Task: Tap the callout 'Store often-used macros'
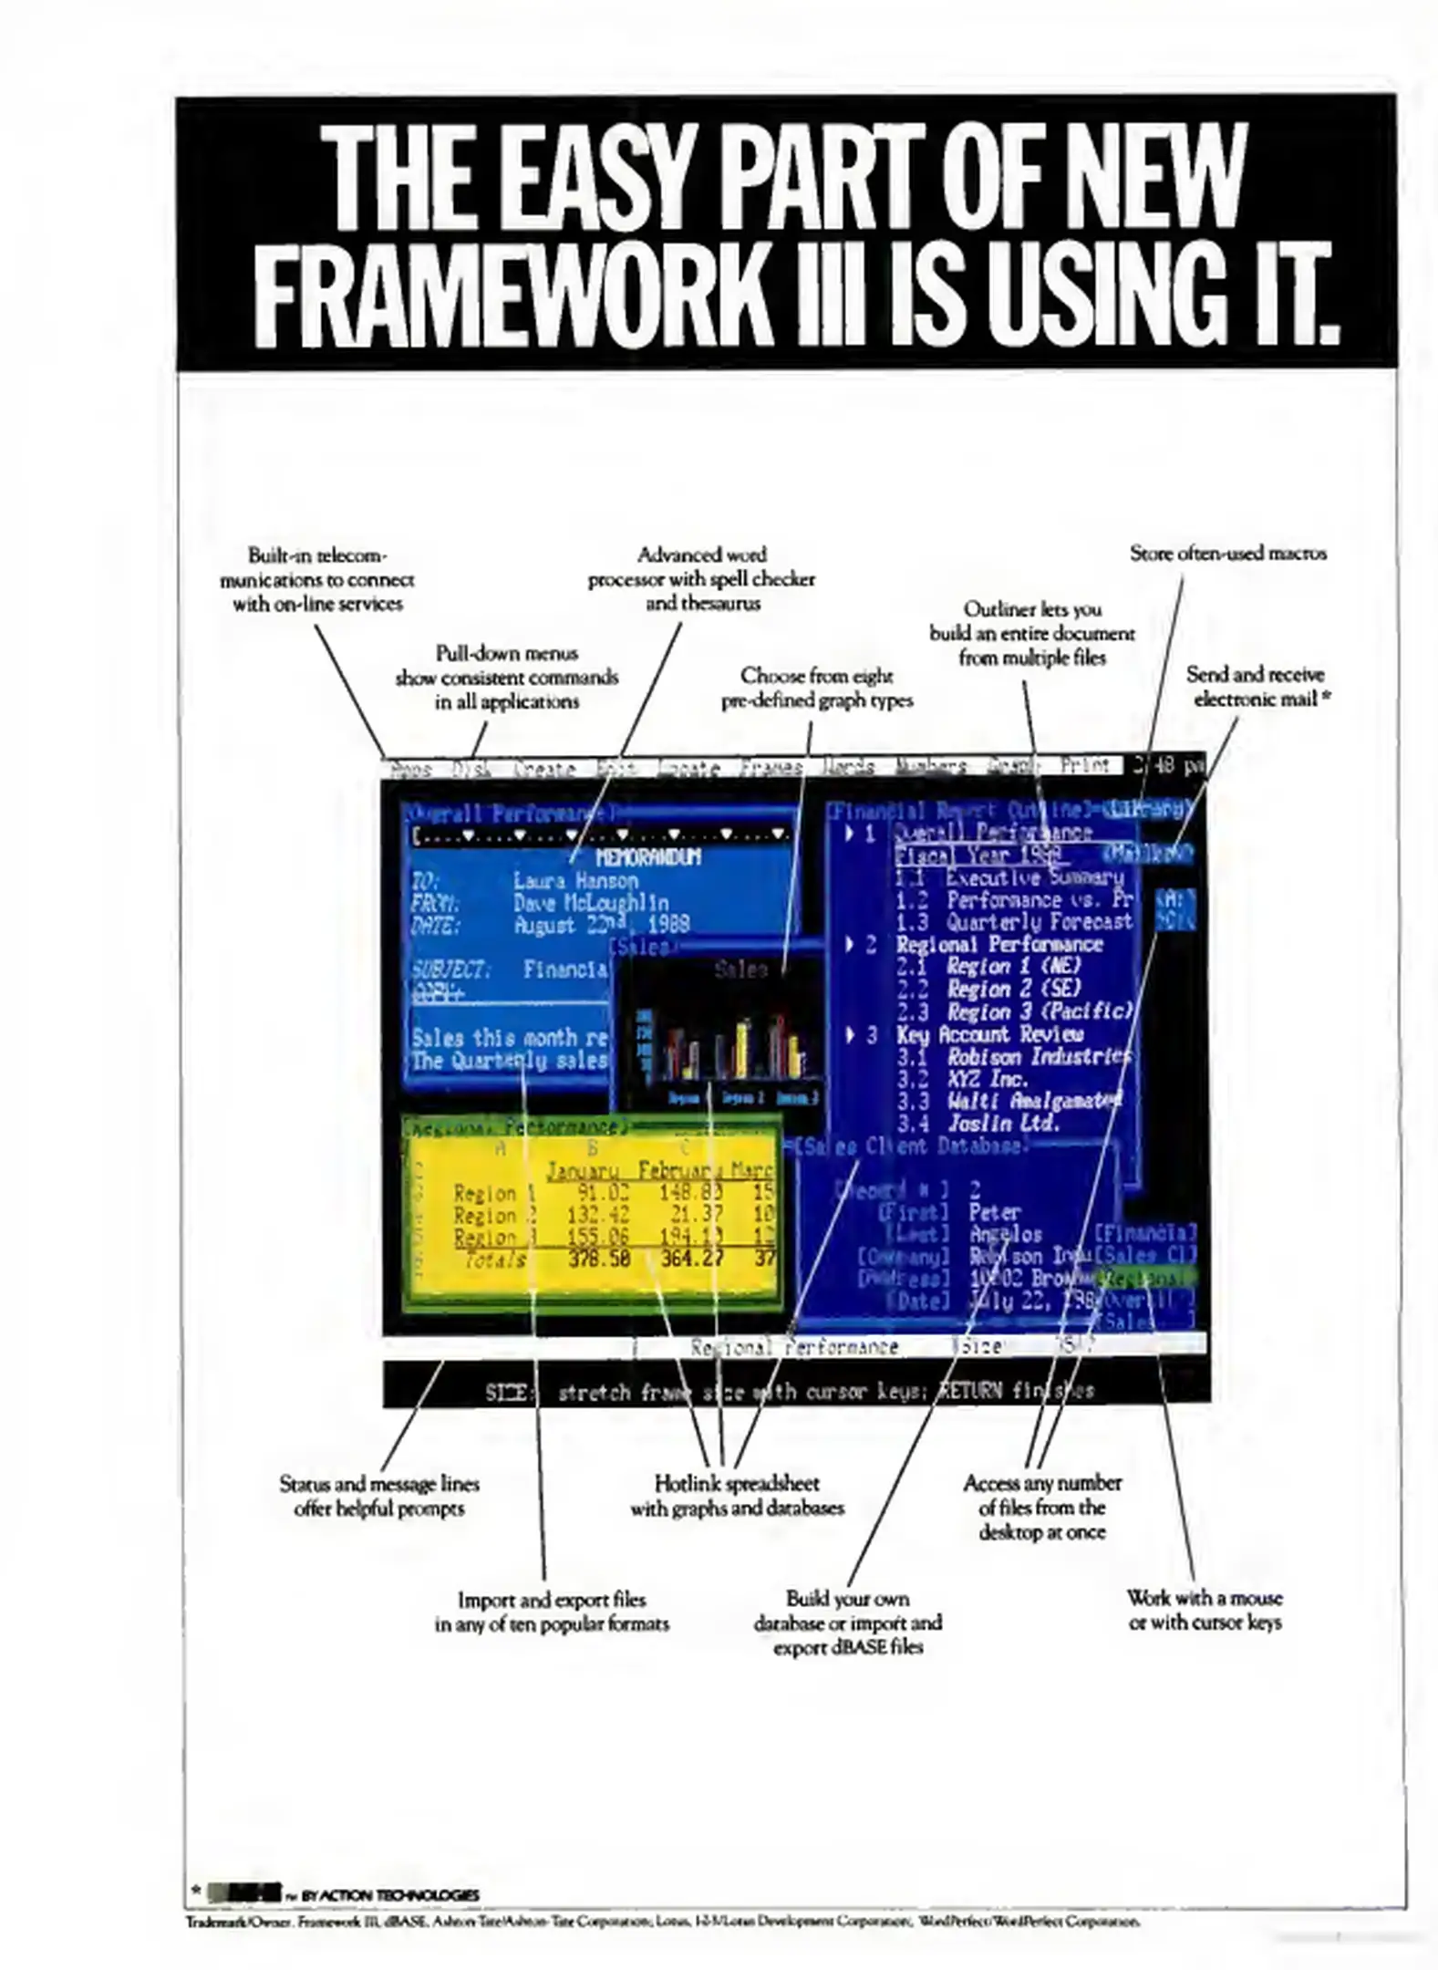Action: [x=1227, y=553]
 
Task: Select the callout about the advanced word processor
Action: [x=701, y=578]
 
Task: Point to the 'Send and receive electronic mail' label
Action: [x=1255, y=686]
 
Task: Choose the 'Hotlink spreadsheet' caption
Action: [x=737, y=1495]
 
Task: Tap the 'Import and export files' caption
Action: [x=552, y=1611]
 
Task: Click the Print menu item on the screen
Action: [x=1085, y=766]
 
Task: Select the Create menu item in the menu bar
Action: [x=543, y=769]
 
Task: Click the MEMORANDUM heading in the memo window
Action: [x=648, y=857]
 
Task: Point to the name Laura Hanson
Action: [x=575, y=880]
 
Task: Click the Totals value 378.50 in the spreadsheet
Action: [x=599, y=1260]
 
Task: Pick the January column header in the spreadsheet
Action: [x=582, y=1170]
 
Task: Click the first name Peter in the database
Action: [x=994, y=1211]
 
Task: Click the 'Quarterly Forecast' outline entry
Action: [x=1039, y=921]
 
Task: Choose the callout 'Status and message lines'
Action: [x=379, y=1496]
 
